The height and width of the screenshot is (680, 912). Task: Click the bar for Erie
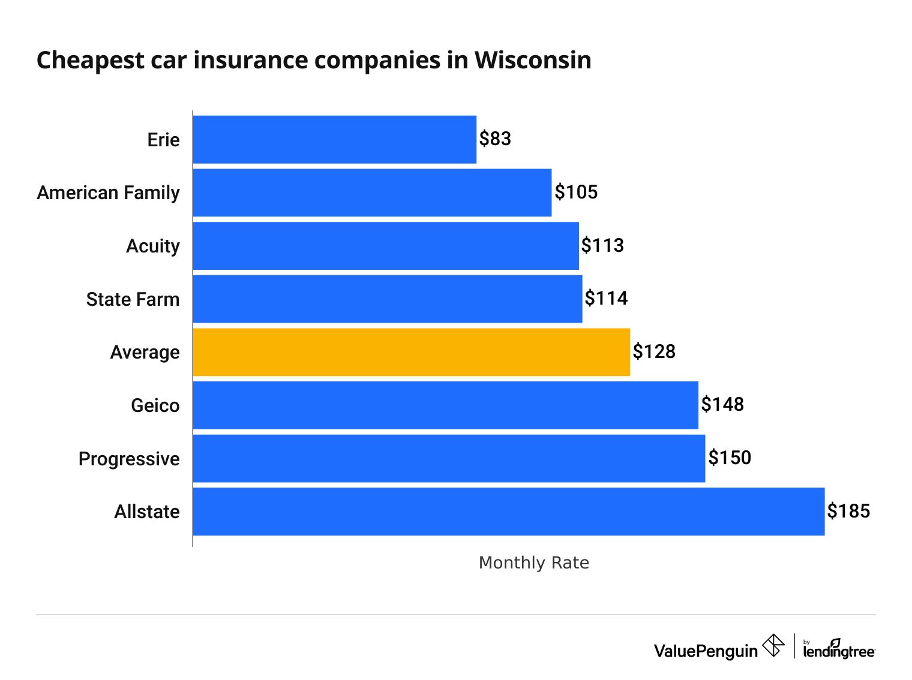click(334, 139)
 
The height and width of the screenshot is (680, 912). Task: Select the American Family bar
click(372, 192)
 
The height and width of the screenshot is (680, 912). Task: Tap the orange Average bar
click(411, 352)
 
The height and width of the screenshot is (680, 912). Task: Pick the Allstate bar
click(508, 511)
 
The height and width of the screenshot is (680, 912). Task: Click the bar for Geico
click(445, 405)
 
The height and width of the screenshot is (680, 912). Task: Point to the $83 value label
click(495, 139)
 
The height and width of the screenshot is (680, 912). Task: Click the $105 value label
click(576, 192)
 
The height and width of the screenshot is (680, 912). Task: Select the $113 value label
click(602, 245)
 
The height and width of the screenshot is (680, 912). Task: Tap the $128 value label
click(654, 351)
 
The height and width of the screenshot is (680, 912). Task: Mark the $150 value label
click(730, 458)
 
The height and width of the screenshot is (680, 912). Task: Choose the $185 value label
click(848, 511)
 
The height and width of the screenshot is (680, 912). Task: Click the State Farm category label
click(133, 299)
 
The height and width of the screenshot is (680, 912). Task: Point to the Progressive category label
click(129, 459)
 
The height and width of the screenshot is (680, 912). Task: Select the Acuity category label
click(152, 246)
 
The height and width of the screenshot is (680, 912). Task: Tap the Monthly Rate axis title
click(533, 562)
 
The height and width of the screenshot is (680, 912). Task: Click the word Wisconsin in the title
click(533, 60)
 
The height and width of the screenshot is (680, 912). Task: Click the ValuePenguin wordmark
click(706, 651)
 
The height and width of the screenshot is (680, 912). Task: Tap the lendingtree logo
click(839, 649)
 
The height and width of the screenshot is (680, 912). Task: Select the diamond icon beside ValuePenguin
click(773, 646)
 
